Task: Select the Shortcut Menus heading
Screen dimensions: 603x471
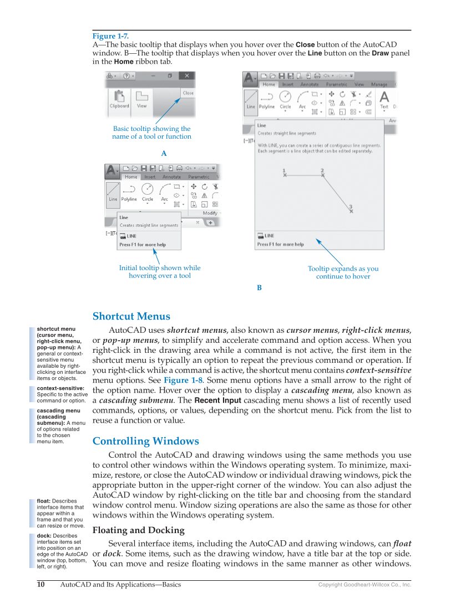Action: coord(131,316)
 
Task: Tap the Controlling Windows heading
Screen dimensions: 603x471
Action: coord(145,441)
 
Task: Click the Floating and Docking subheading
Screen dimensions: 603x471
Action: coord(138,530)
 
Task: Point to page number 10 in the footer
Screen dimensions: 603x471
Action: coord(40,584)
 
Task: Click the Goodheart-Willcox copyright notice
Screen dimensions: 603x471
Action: coord(364,585)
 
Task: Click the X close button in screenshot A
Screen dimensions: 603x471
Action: coord(187,75)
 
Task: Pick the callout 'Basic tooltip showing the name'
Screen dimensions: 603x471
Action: coord(151,133)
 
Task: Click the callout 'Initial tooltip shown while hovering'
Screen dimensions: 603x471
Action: coord(160,272)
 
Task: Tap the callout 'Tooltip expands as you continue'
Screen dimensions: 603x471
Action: coord(343,272)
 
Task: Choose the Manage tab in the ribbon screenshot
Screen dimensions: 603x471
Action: coord(379,84)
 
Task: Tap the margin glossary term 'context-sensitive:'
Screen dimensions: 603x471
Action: coord(60,388)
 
